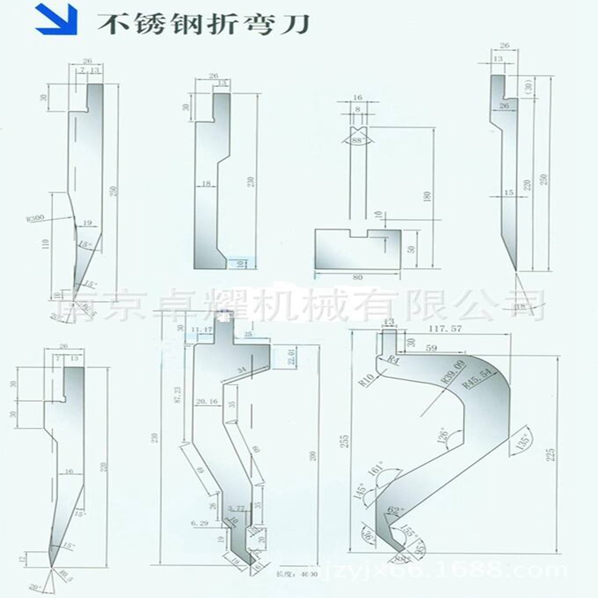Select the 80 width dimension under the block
[x=356, y=278]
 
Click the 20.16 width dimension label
[x=207, y=403]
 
